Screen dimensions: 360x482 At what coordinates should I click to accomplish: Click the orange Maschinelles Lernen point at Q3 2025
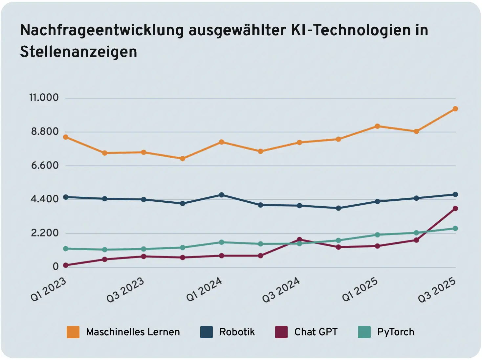455,109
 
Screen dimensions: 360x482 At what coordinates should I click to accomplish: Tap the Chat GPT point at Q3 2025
455,209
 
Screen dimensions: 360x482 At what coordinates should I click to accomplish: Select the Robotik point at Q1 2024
221,195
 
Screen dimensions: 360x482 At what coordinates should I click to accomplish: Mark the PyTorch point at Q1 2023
66,249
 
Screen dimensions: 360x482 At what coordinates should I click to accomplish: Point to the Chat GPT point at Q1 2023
66,265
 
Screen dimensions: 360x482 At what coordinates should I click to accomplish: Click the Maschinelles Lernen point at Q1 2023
66,137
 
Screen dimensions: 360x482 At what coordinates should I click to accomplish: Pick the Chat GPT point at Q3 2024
299,239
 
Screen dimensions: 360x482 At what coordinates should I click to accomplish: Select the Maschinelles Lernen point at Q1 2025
377,126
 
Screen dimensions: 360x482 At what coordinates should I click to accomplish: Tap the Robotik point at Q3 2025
455,194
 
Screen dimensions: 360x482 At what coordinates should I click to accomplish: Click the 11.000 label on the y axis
44,98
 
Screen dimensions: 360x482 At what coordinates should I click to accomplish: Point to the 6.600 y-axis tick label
45,165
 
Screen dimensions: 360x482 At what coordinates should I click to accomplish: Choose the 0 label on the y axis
55,266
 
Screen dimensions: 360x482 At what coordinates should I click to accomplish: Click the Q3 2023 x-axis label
125,290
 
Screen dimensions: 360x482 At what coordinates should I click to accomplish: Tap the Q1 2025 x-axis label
360,290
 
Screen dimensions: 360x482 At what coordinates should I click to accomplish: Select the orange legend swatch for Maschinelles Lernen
73,332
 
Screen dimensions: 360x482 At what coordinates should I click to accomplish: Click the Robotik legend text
237,332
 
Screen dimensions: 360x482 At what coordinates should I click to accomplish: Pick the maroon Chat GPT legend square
281,332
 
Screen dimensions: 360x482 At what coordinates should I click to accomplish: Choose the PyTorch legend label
396,332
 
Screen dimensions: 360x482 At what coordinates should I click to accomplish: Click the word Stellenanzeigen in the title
78,52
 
